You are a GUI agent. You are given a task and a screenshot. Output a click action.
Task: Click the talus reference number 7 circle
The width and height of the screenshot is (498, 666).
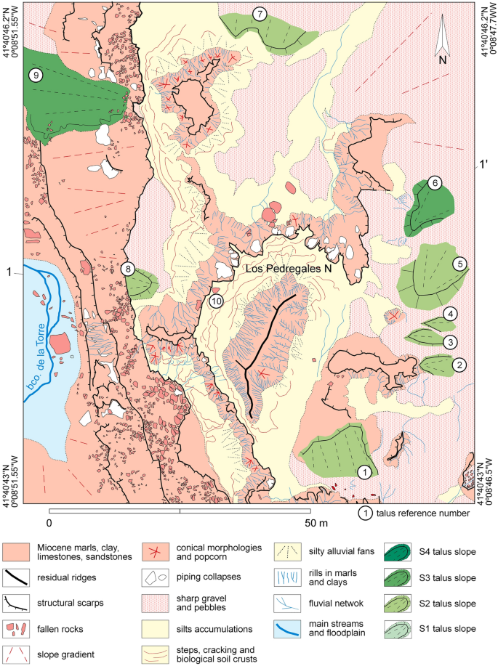point(260,13)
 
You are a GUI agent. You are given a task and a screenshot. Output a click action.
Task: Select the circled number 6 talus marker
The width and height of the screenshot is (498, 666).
point(435,183)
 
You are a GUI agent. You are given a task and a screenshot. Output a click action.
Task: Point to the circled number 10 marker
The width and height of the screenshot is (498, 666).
point(215,301)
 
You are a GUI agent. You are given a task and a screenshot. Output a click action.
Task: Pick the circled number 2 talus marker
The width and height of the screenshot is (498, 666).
point(458,365)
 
